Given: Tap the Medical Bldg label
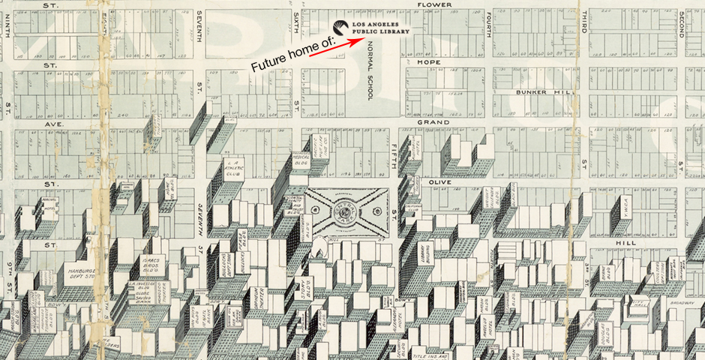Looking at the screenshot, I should point(301,160).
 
